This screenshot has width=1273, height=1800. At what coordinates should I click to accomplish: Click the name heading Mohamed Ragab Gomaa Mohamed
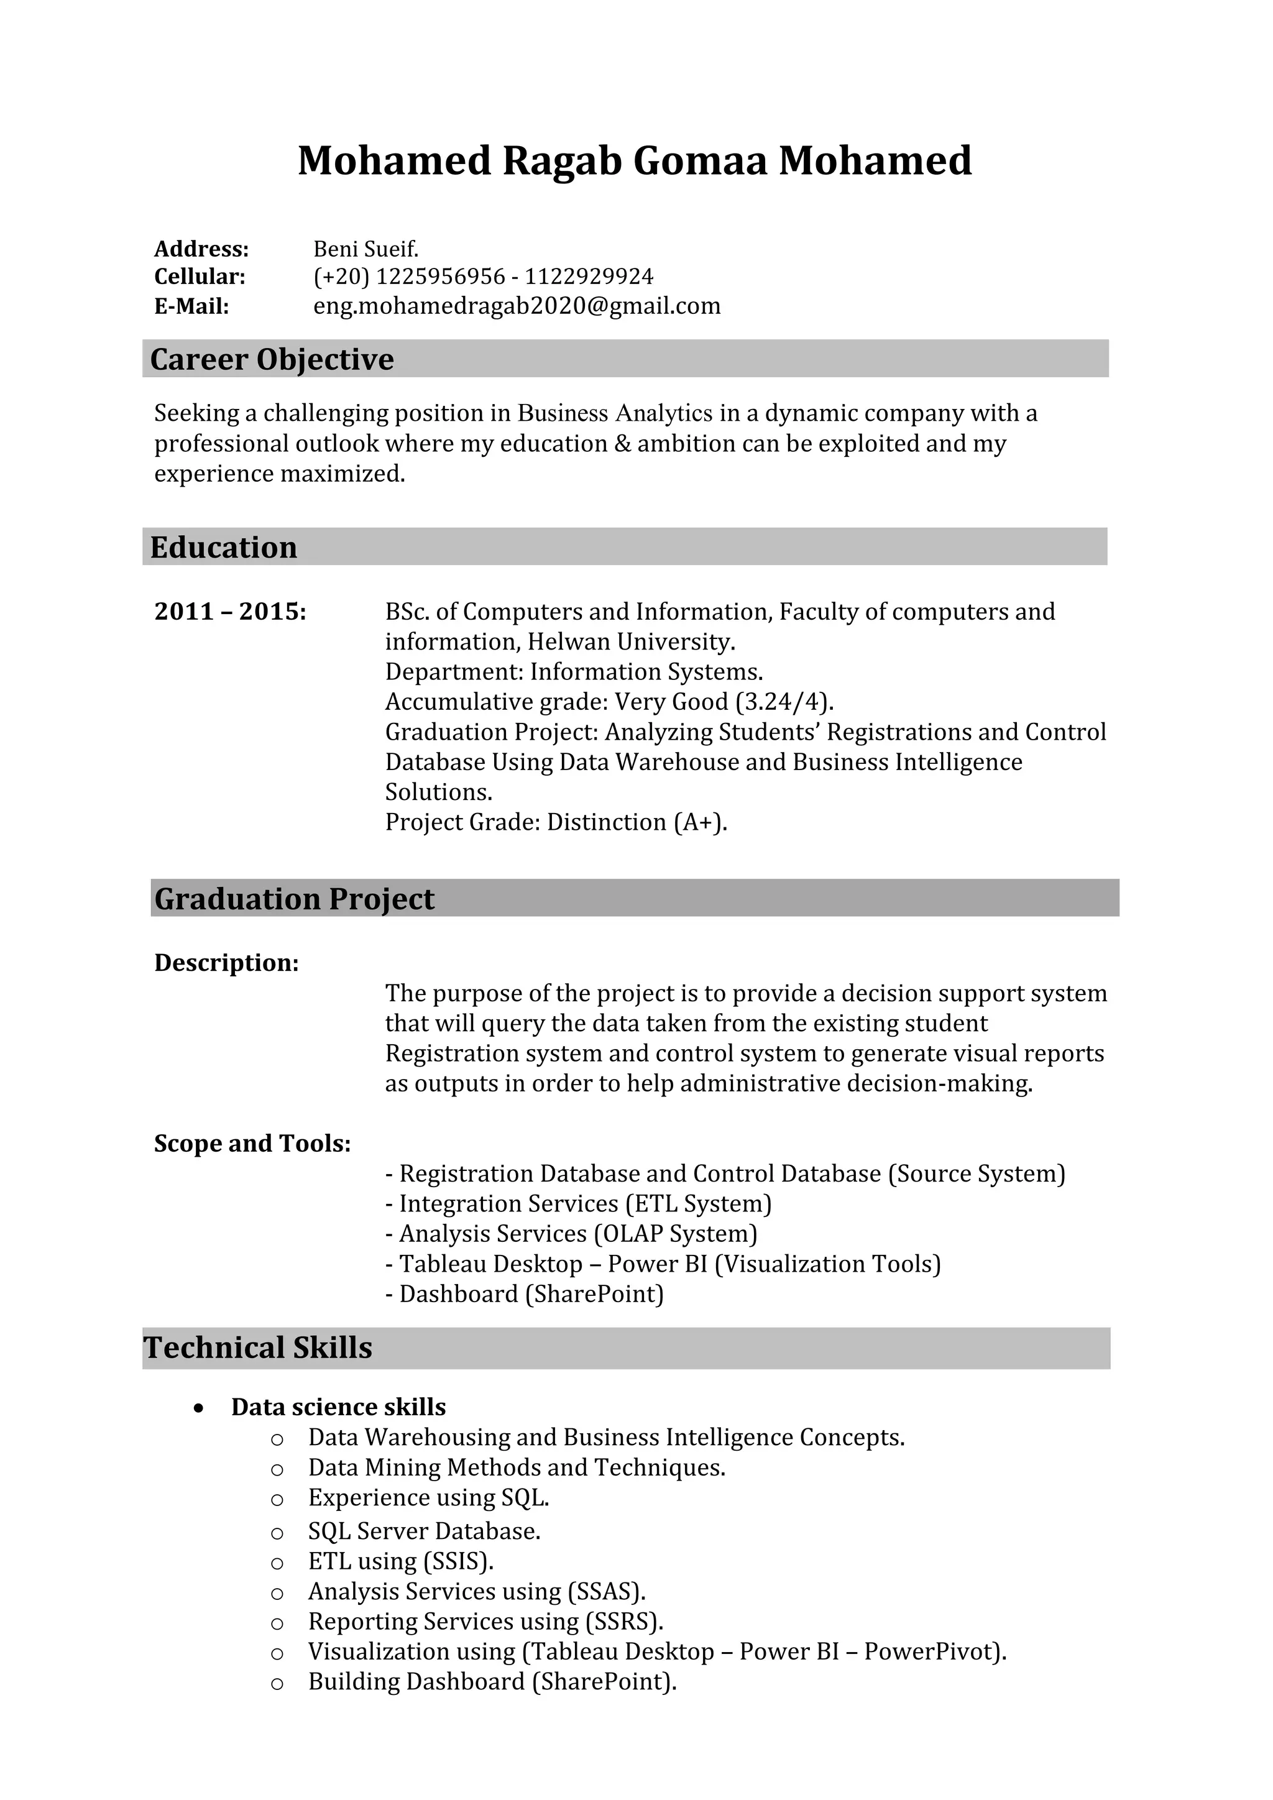click(x=635, y=161)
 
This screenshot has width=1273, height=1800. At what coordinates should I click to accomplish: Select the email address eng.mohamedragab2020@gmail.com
click(x=517, y=306)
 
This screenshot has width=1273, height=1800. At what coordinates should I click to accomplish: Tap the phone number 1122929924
click(x=589, y=277)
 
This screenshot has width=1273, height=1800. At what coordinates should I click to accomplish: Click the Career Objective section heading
click(x=272, y=359)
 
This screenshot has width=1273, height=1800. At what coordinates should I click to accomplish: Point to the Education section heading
click(x=223, y=547)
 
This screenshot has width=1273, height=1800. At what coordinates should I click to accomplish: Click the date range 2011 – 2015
click(x=229, y=612)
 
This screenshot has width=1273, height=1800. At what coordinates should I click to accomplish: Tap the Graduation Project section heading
click(x=294, y=899)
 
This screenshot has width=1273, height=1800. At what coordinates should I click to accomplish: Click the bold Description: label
click(x=226, y=963)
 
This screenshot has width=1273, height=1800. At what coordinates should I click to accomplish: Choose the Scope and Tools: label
click(x=252, y=1144)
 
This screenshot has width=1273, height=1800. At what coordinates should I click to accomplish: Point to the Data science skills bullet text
click(x=338, y=1407)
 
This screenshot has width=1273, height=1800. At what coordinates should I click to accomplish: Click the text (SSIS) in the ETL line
click(x=457, y=1562)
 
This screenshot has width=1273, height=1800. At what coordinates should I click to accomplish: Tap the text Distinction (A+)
click(x=636, y=822)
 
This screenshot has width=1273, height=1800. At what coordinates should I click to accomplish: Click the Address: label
click(x=201, y=249)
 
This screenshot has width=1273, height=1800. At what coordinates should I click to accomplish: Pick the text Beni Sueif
click(x=366, y=249)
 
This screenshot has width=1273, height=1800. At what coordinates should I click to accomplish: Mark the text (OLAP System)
click(x=676, y=1234)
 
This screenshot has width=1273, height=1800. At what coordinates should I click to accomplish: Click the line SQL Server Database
click(x=424, y=1531)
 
